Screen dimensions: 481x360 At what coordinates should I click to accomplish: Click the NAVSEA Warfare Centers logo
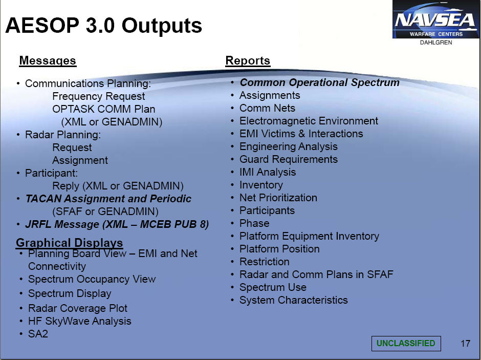(435, 19)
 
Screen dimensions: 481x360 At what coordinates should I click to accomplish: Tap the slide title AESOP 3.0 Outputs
(104, 25)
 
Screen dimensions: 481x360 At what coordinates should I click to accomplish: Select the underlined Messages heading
(48, 60)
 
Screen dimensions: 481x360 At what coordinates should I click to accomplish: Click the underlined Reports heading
(248, 60)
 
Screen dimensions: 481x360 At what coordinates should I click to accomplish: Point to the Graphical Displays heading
(69, 242)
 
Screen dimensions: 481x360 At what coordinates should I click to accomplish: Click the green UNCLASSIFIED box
(406, 343)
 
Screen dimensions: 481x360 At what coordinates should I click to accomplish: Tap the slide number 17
(465, 343)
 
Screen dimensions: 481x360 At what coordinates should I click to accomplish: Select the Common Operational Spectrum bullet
(319, 82)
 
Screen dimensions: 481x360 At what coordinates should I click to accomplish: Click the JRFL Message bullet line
(117, 224)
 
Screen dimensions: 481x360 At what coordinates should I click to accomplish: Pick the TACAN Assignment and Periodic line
(108, 199)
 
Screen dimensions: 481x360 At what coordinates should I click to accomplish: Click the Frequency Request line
(98, 96)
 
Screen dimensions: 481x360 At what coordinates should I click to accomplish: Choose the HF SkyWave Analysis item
(80, 321)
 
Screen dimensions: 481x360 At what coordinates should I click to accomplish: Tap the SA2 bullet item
(38, 333)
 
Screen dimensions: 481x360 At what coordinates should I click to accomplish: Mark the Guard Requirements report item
(289, 159)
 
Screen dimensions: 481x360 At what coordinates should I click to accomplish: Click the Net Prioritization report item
(278, 198)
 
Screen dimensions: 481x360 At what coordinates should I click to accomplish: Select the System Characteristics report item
(294, 300)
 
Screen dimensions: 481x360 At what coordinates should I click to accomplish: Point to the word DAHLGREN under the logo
(436, 43)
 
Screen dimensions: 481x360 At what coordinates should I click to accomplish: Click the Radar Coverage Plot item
(78, 308)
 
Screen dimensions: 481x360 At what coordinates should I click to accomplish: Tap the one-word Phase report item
(254, 223)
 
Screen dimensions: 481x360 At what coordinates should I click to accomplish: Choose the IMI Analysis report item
(268, 172)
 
